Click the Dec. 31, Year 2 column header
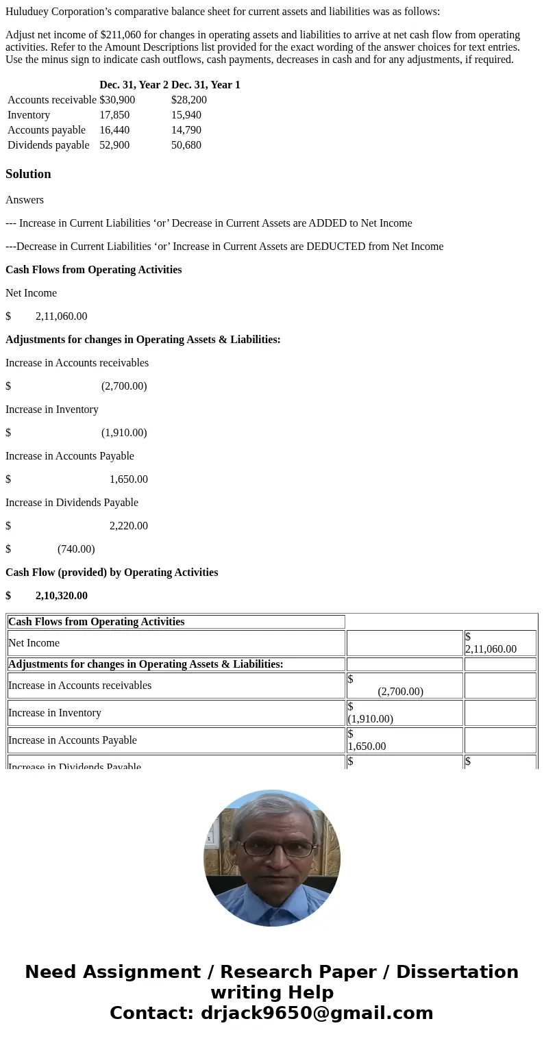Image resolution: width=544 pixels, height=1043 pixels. [x=134, y=85]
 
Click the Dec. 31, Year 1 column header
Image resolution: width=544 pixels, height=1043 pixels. [x=206, y=85]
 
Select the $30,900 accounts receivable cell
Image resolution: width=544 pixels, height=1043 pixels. [x=117, y=100]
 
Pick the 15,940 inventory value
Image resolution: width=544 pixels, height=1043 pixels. [x=186, y=115]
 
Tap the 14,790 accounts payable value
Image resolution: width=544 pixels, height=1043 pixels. [x=186, y=130]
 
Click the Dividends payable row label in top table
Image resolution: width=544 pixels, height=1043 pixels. [x=49, y=145]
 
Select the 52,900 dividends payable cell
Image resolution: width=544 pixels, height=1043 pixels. [x=114, y=145]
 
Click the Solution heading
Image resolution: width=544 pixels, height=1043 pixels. [x=28, y=174]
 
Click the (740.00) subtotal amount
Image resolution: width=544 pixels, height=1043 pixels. [x=76, y=549]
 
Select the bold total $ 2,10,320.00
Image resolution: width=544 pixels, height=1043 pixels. [x=61, y=596]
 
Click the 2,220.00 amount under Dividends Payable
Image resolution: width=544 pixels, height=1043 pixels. [x=128, y=526]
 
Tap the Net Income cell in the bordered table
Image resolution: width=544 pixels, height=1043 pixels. [x=34, y=643]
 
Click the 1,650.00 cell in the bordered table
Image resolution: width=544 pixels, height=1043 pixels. [x=367, y=746]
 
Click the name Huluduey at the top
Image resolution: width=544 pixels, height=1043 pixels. [x=31, y=12]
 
